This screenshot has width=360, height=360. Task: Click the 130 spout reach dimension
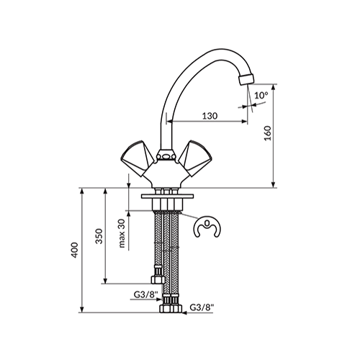click(210, 116)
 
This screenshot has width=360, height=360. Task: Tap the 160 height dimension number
click(267, 133)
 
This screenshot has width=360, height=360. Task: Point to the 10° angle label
click(261, 95)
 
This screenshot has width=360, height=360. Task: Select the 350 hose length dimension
click(99, 236)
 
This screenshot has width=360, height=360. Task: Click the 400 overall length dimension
click(75, 250)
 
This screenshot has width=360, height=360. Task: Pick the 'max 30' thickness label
click(122, 233)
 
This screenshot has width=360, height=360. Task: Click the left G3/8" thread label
click(146, 294)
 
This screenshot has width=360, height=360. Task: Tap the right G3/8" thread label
click(202, 307)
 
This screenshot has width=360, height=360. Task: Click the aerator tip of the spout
click(246, 79)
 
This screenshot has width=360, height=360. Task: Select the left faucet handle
click(138, 158)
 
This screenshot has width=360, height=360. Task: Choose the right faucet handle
click(196, 158)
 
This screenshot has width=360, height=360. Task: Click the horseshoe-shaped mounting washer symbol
click(207, 227)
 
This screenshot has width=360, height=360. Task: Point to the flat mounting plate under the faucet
click(168, 196)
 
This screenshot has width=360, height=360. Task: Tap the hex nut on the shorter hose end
click(158, 279)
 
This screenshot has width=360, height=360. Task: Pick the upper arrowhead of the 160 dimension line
click(273, 87)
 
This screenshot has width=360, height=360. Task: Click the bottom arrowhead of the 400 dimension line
click(82, 310)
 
